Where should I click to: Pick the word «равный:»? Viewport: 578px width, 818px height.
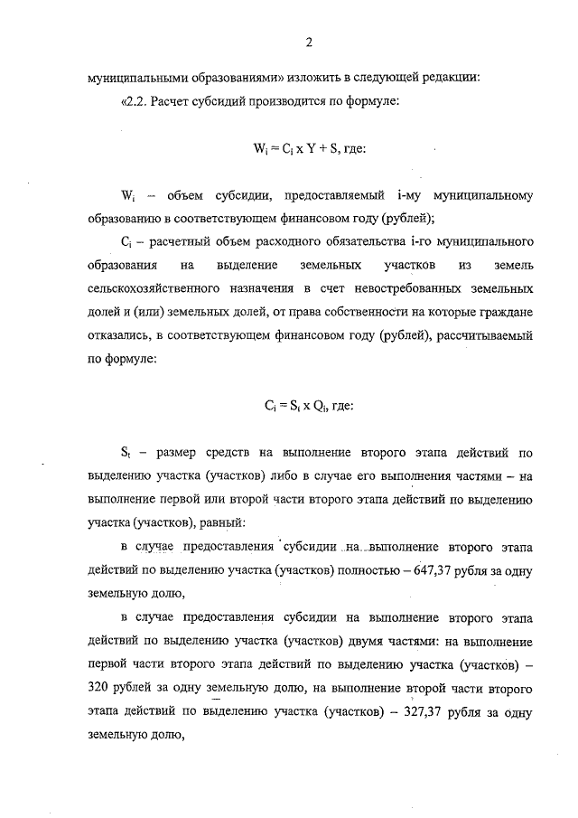pyautogui.click(x=212, y=523)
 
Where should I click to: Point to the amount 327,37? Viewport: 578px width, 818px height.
pyautogui.click(x=421, y=711)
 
